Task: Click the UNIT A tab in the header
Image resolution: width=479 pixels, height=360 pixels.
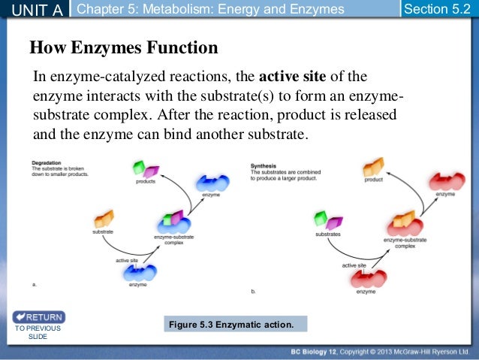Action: pos(35,9)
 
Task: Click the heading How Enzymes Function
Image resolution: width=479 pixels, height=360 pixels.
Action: pos(123,49)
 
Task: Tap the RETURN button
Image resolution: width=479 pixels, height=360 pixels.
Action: pos(38,316)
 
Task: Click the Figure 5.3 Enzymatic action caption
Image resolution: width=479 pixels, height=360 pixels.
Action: pos(238,325)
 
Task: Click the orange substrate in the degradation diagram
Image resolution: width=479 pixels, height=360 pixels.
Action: pos(103,220)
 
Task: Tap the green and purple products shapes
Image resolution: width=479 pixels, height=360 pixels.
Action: pos(145,170)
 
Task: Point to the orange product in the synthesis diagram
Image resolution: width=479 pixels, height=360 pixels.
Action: pos(372,167)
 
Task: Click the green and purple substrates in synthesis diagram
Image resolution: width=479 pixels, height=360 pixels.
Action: pos(327,220)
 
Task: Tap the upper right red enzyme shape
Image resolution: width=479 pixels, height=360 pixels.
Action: pos(445,181)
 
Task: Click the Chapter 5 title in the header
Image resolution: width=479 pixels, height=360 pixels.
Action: pos(211,9)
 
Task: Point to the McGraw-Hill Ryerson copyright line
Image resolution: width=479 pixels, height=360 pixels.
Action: pos(382,352)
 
